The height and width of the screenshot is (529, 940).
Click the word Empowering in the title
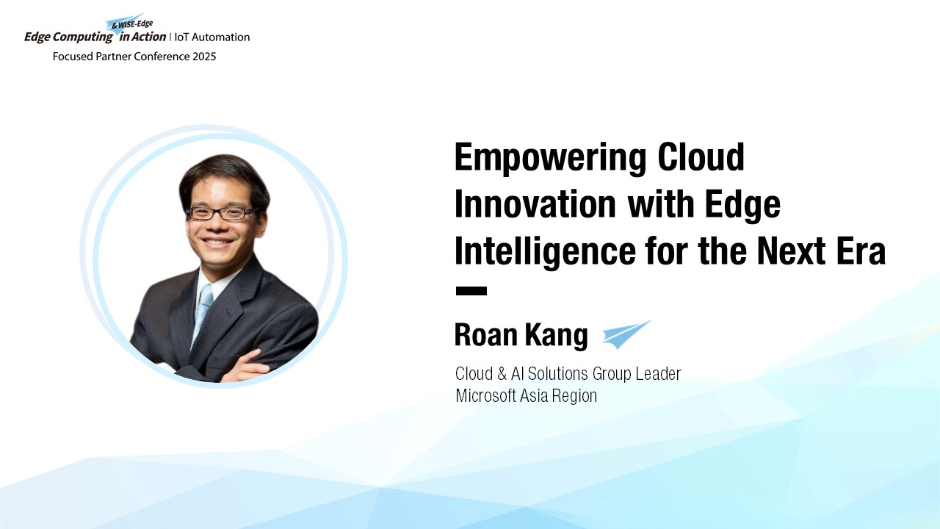click(550, 158)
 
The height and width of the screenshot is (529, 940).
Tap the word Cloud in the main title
click(701, 156)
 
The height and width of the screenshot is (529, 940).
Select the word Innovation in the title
click(535, 204)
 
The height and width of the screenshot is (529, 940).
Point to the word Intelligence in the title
click(545, 252)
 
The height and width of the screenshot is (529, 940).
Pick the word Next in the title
click(792, 251)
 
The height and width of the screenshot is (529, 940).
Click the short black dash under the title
click(471, 290)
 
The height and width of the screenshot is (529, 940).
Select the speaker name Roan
click(486, 334)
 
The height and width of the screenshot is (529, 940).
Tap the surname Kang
click(557, 336)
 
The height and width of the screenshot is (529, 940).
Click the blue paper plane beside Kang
click(626, 334)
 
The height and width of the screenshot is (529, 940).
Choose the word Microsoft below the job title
click(485, 395)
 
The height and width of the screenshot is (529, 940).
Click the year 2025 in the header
click(204, 57)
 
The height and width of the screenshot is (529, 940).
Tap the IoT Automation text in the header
click(212, 37)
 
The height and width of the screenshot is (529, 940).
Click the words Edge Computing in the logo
click(68, 37)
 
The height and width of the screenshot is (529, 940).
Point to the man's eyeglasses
click(223, 213)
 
